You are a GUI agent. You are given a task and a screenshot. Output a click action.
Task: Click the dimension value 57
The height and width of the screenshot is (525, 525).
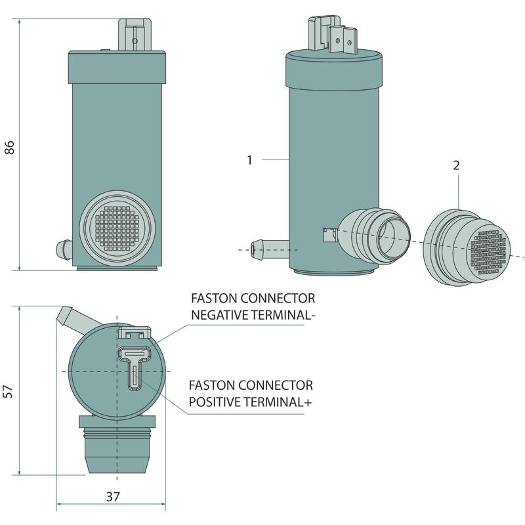[9, 391]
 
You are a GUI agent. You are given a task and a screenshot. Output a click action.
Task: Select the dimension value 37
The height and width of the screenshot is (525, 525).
[112, 497]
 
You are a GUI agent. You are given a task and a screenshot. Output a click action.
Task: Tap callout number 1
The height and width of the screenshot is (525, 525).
[249, 159]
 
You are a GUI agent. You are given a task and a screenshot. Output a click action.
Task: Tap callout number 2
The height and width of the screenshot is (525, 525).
[456, 165]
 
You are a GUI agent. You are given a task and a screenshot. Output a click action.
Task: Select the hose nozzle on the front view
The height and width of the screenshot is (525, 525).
[64, 249]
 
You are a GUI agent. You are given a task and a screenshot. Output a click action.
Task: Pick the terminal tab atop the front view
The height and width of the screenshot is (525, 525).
[134, 36]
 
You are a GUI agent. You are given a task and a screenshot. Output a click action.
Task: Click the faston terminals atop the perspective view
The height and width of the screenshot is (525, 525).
[333, 35]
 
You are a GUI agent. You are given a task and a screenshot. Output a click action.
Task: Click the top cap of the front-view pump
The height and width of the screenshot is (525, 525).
[116, 68]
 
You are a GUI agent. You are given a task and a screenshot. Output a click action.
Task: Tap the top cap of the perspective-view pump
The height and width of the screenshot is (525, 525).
[333, 70]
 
